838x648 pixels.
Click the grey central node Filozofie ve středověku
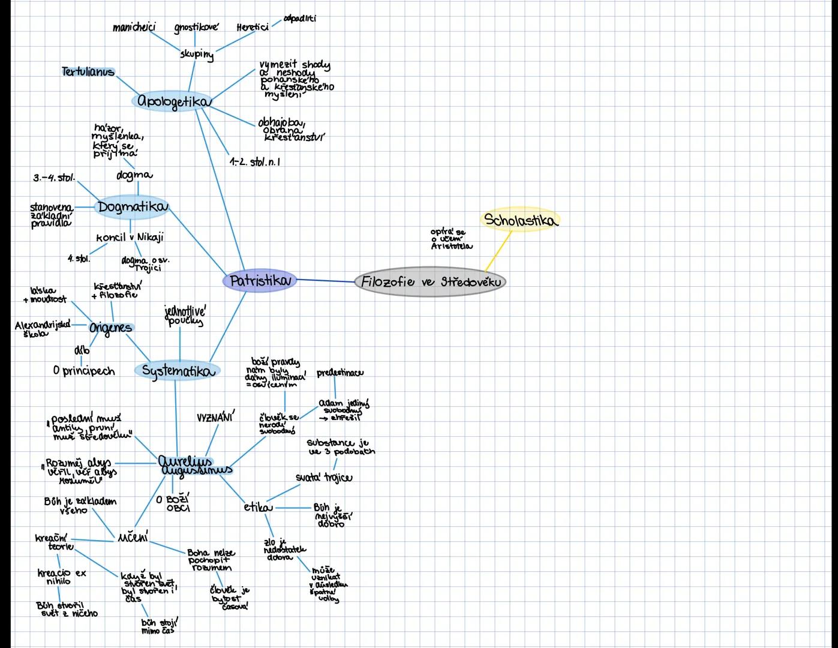tap(430, 281)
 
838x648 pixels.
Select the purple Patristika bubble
tap(260, 281)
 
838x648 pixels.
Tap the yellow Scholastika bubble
tap(520, 220)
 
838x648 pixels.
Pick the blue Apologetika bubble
tap(173, 101)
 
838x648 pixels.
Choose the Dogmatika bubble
tap(132, 207)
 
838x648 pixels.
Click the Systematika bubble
tap(178, 371)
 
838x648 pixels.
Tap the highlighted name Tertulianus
tap(88, 72)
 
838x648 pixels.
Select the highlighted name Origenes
tap(110, 328)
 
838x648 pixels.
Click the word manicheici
tap(134, 27)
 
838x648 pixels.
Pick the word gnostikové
tap(196, 27)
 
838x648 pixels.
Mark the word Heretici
tap(252, 28)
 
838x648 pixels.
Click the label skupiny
tap(196, 54)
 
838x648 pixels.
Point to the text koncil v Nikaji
tap(130, 237)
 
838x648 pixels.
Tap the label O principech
tap(83, 371)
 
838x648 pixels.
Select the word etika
tap(257, 507)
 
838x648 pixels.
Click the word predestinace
tap(340, 373)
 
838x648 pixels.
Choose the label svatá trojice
tap(324, 478)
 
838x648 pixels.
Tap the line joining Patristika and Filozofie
tap(325, 280)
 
